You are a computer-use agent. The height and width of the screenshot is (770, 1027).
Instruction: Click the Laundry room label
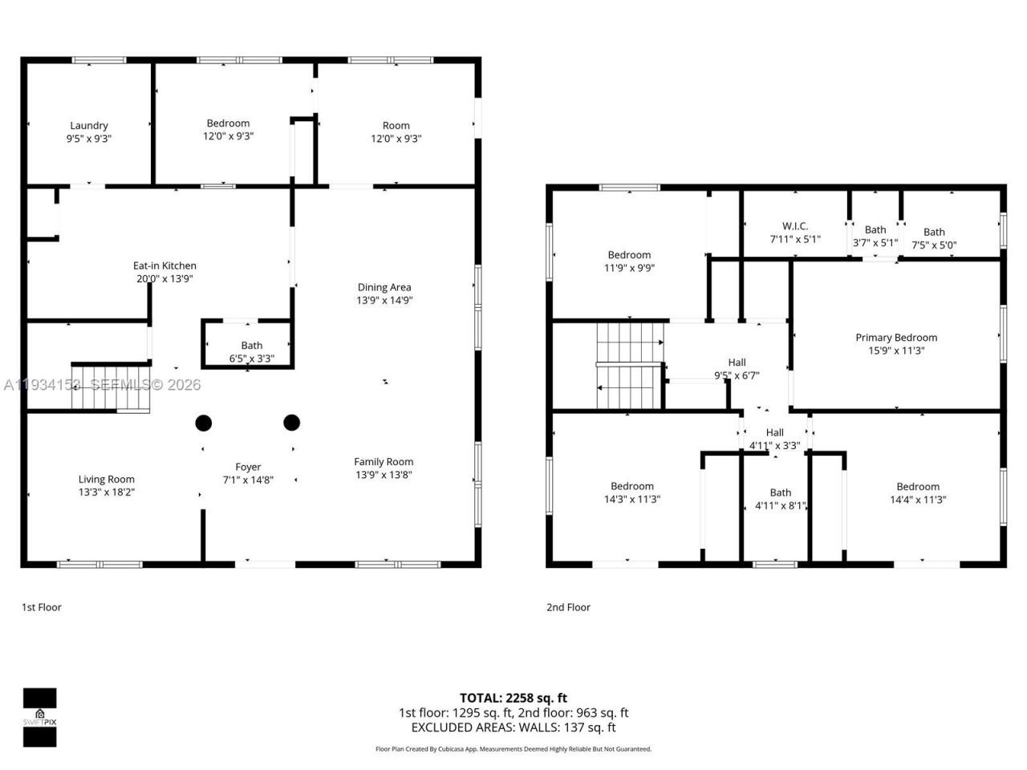coord(88,132)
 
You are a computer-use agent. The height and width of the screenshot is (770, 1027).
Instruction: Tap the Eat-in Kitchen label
coord(164,272)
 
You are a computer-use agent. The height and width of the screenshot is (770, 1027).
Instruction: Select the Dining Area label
coord(384,294)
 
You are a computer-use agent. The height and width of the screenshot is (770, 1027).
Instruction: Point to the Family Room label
coord(384,468)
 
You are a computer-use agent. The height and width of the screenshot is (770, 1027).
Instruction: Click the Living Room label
coord(106,485)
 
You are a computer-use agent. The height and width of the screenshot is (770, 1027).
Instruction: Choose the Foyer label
coord(248,473)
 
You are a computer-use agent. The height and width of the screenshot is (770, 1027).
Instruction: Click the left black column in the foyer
coord(204,423)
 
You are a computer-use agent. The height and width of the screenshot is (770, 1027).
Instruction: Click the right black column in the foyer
coord(291,422)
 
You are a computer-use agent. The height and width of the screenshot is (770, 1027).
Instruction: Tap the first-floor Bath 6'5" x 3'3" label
coord(251,352)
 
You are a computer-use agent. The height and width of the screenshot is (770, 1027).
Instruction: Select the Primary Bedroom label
coord(895,344)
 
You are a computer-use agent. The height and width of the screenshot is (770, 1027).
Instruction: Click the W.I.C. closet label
coord(794,233)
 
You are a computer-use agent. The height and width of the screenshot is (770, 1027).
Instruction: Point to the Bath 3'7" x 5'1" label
coord(875,236)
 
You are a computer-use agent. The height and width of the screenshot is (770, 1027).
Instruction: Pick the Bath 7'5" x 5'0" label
coord(934,238)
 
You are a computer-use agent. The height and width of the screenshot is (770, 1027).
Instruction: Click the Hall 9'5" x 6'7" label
coord(737,369)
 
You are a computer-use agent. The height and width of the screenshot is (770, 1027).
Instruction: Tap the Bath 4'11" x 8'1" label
coord(780,499)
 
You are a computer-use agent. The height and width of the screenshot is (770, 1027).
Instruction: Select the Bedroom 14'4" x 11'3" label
coord(918,492)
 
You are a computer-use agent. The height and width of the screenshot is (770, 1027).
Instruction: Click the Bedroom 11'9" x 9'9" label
coord(629,261)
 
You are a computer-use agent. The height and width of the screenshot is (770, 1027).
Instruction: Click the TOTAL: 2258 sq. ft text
coord(513,698)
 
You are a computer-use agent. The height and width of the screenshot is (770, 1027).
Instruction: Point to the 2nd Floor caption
coord(568,607)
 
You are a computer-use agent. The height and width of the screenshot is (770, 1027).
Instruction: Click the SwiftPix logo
coord(39,717)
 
